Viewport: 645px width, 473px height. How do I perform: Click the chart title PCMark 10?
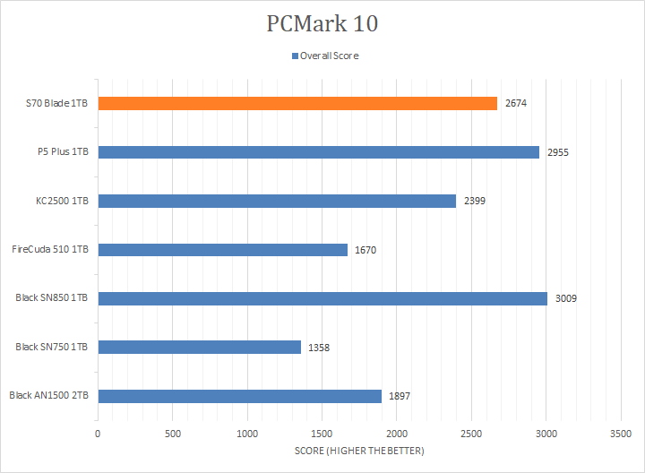click(322, 24)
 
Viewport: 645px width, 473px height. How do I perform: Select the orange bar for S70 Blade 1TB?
click(297, 103)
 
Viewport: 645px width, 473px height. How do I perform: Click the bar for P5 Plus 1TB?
click(318, 152)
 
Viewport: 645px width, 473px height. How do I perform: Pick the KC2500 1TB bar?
click(277, 201)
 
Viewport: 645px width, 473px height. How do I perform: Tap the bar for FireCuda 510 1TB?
click(222, 250)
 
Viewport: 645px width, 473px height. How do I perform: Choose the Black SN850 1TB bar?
click(322, 298)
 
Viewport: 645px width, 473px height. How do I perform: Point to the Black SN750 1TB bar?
click(199, 347)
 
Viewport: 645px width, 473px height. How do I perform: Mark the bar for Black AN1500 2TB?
click(239, 396)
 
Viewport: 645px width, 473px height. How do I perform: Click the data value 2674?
click(516, 104)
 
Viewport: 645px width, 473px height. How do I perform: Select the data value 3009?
click(565, 298)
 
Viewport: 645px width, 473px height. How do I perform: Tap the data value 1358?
click(319, 348)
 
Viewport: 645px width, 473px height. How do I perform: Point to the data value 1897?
click(400, 396)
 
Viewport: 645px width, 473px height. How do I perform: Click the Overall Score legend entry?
click(324, 56)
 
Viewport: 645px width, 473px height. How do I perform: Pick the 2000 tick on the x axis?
click(397, 434)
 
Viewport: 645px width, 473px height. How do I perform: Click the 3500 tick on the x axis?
click(622, 434)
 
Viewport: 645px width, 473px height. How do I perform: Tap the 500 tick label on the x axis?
click(173, 434)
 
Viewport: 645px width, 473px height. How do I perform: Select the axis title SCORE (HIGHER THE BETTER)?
click(359, 451)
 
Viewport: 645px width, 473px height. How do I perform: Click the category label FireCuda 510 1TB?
click(50, 250)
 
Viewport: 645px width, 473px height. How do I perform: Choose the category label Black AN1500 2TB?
click(48, 396)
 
